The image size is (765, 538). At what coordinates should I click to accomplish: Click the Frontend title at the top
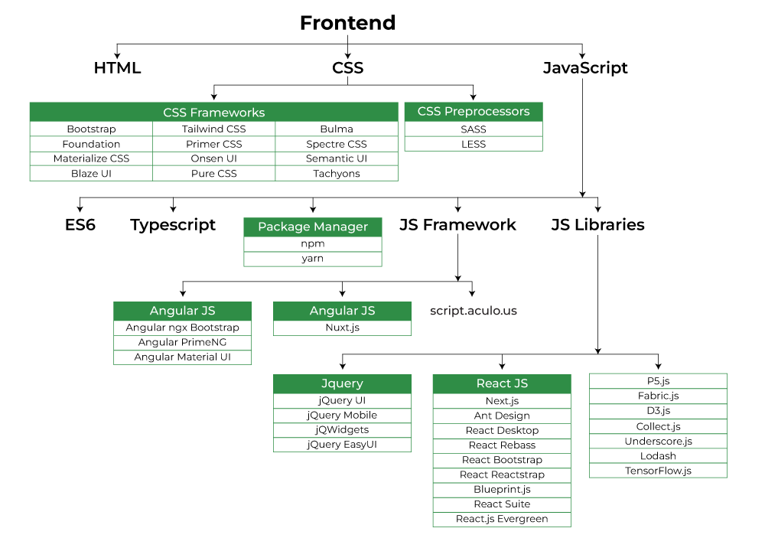[347, 23]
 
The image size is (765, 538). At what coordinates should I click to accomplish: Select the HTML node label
[117, 67]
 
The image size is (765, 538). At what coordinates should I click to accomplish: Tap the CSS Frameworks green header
[213, 112]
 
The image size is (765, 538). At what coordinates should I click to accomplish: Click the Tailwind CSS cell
[213, 129]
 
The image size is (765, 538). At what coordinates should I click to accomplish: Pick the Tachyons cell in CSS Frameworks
[336, 173]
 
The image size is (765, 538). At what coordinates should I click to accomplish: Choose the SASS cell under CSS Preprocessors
[473, 129]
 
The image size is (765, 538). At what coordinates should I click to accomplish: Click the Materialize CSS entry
[91, 158]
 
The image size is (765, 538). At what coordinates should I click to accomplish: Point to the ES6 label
[80, 225]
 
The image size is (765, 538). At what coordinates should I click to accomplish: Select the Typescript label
[173, 225]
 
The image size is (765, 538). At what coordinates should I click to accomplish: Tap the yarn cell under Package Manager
[312, 259]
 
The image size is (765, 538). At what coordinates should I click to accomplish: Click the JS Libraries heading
[597, 225]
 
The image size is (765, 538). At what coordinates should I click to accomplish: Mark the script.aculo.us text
[474, 311]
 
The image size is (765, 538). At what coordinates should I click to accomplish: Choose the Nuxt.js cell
[342, 328]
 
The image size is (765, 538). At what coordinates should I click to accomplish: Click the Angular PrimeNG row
[182, 342]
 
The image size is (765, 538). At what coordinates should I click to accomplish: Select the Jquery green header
[342, 383]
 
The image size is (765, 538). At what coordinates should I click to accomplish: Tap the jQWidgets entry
[342, 429]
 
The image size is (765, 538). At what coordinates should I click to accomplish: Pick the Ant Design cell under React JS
[502, 416]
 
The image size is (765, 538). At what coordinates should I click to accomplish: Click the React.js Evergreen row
[502, 519]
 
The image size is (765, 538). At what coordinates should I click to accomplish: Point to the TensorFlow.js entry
[658, 471]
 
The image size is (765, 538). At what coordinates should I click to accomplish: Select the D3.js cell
[658, 411]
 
